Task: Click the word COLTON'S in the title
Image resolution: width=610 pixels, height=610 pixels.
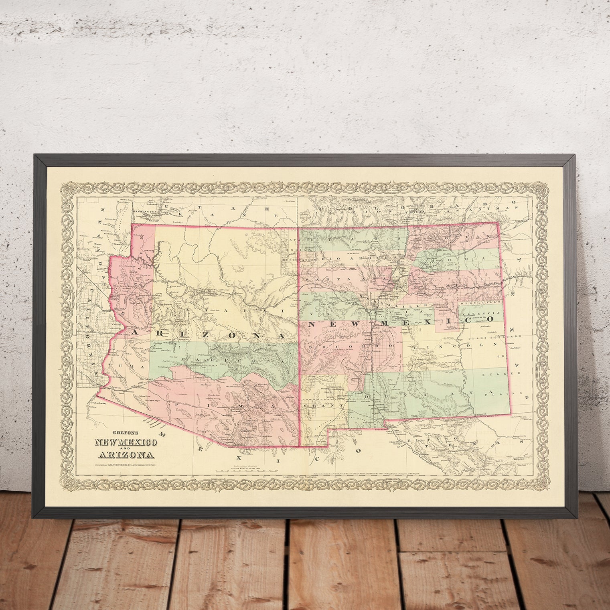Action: tap(105, 433)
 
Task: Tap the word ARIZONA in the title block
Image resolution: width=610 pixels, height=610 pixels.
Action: tap(126, 455)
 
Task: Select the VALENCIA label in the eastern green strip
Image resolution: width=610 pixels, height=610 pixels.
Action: tap(486, 312)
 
